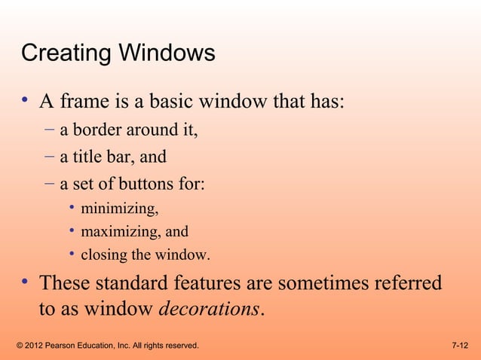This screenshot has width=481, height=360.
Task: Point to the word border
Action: tap(99, 130)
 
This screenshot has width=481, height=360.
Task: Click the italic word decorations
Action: tap(210, 309)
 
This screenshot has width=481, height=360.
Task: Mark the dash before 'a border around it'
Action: tap(49, 130)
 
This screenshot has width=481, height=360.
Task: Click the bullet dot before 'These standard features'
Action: tap(25, 283)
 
